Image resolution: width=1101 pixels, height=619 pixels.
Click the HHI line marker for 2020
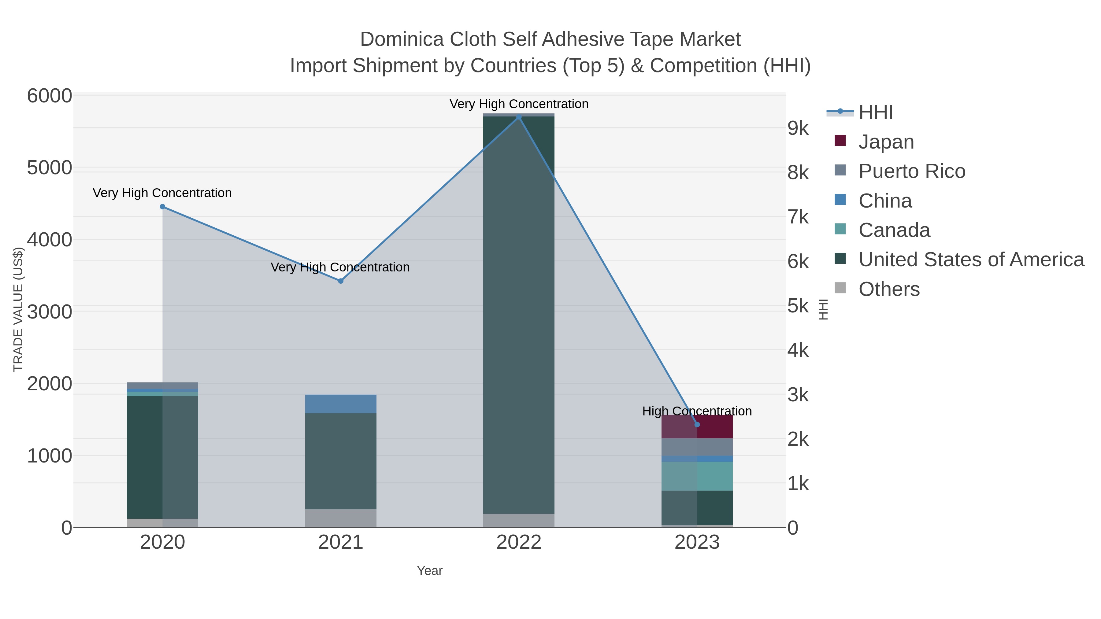click(162, 207)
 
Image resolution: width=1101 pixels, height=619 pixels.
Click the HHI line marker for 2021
click(341, 281)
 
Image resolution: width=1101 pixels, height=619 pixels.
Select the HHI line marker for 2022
click(519, 117)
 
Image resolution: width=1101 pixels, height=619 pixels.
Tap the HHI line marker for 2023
click(697, 425)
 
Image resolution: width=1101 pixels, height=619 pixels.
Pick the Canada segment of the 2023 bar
click(697, 476)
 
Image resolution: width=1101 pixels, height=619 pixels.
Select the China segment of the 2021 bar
click(341, 404)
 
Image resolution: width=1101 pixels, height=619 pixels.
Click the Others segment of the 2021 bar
click(341, 518)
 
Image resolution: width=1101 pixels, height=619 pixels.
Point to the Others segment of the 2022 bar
click(519, 520)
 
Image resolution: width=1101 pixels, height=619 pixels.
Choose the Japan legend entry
click(886, 142)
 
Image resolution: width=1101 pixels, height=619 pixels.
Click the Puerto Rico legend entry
click(912, 171)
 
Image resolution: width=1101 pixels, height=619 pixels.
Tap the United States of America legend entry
click(971, 260)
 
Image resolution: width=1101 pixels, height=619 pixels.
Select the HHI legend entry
click(875, 112)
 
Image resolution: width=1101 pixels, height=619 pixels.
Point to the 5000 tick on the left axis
click(50, 168)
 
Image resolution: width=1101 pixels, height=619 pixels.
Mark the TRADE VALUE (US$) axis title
click(18, 309)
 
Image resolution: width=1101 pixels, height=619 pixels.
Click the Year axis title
click(430, 571)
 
